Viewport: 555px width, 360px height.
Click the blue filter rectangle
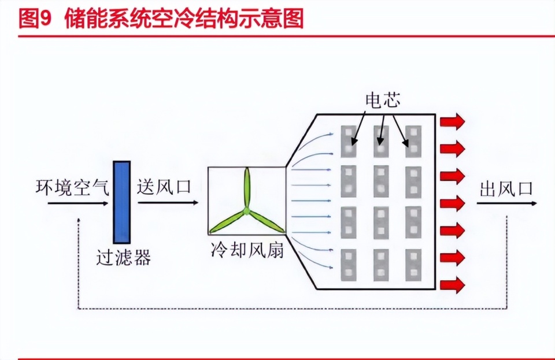click(x=122, y=202)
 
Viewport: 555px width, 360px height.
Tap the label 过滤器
click(x=124, y=258)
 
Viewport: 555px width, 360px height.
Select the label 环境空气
click(x=72, y=187)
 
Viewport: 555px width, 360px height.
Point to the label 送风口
click(x=164, y=187)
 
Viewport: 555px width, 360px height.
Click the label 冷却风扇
click(x=247, y=250)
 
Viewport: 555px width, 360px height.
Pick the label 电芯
click(x=383, y=100)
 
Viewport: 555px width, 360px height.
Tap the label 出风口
click(x=506, y=189)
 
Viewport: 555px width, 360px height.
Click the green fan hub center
click(x=246, y=211)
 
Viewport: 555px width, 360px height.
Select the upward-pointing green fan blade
click(x=247, y=188)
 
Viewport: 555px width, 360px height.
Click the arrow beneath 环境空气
click(x=78, y=203)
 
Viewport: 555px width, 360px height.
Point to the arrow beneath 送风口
click(x=168, y=203)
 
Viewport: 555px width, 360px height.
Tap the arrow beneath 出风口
click(x=507, y=203)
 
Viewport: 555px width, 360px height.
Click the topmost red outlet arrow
click(x=452, y=121)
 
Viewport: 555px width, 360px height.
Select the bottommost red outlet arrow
click(x=452, y=285)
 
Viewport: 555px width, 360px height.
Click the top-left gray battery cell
click(x=349, y=142)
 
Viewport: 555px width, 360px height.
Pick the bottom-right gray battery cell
click(x=413, y=265)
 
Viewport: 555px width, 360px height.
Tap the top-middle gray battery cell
click(x=381, y=142)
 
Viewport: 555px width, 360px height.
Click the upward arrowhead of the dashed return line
click(x=79, y=220)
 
